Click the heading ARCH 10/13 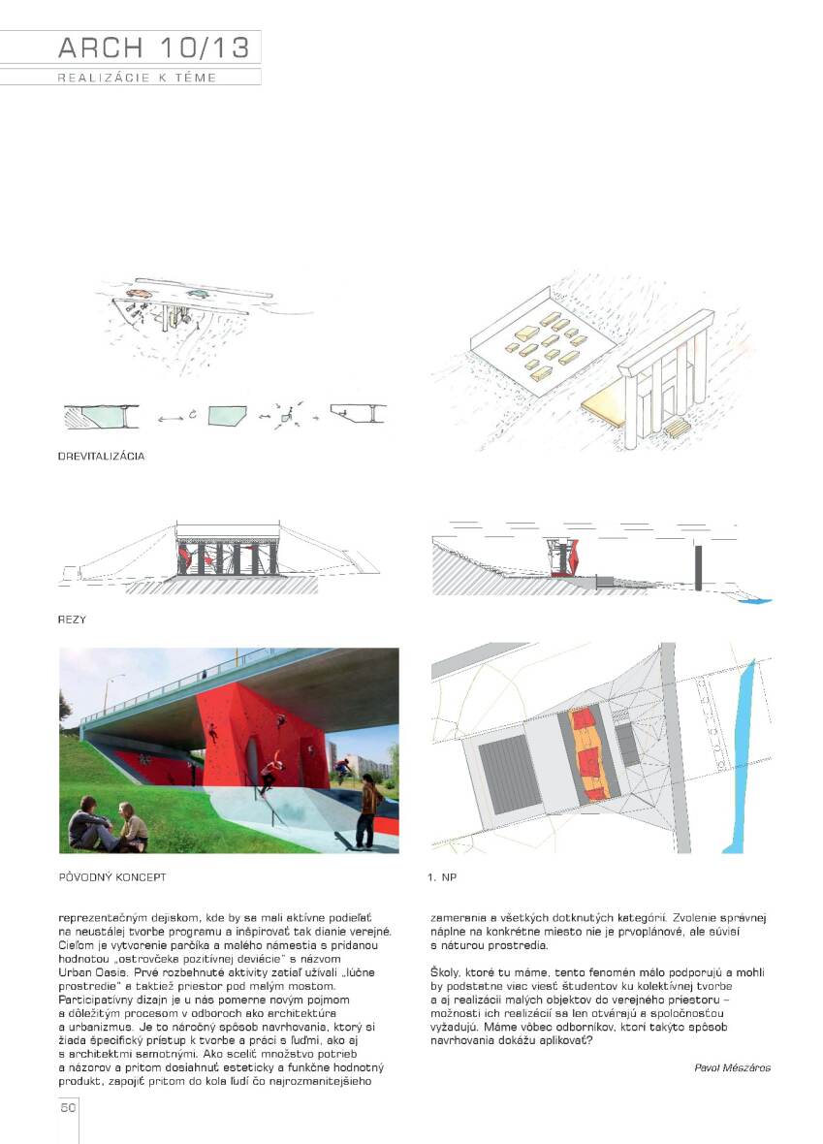point(153,48)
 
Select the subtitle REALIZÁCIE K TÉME point(136,78)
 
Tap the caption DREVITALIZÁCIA point(102,455)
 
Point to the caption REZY point(73,618)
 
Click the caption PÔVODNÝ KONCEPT point(112,876)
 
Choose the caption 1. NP point(442,876)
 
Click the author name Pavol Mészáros point(732,1067)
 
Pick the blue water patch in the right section point(754,601)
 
